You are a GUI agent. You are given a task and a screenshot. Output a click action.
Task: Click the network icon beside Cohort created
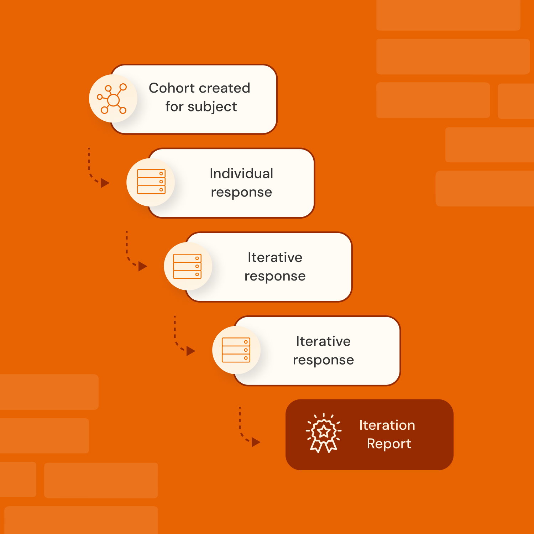[x=113, y=99]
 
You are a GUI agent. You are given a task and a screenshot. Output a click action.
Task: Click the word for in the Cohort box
[x=174, y=106]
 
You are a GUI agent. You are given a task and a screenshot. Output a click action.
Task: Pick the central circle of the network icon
[x=113, y=100]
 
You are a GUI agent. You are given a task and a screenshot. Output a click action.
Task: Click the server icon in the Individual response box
[x=151, y=182]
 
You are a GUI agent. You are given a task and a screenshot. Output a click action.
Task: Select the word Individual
[x=241, y=173]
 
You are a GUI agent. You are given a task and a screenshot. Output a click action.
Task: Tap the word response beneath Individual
[x=241, y=192]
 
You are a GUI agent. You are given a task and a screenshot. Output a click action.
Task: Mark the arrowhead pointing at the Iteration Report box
[x=256, y=442]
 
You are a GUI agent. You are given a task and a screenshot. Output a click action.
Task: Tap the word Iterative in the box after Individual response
[x=275, y=257]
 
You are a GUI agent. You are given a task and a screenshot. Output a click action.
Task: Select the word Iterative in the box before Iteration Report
[x=323, y=341]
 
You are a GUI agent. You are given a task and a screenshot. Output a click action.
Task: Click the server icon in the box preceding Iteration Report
[x=236, y=350]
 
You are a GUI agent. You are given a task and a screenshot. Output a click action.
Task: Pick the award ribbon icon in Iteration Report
[x=324, y=433]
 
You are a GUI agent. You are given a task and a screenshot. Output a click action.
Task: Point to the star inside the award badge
[x=324, y=431]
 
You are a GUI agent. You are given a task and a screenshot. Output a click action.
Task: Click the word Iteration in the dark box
[x=387, y=425]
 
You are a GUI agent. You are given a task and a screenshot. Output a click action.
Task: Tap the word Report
[x=389, y=444]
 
